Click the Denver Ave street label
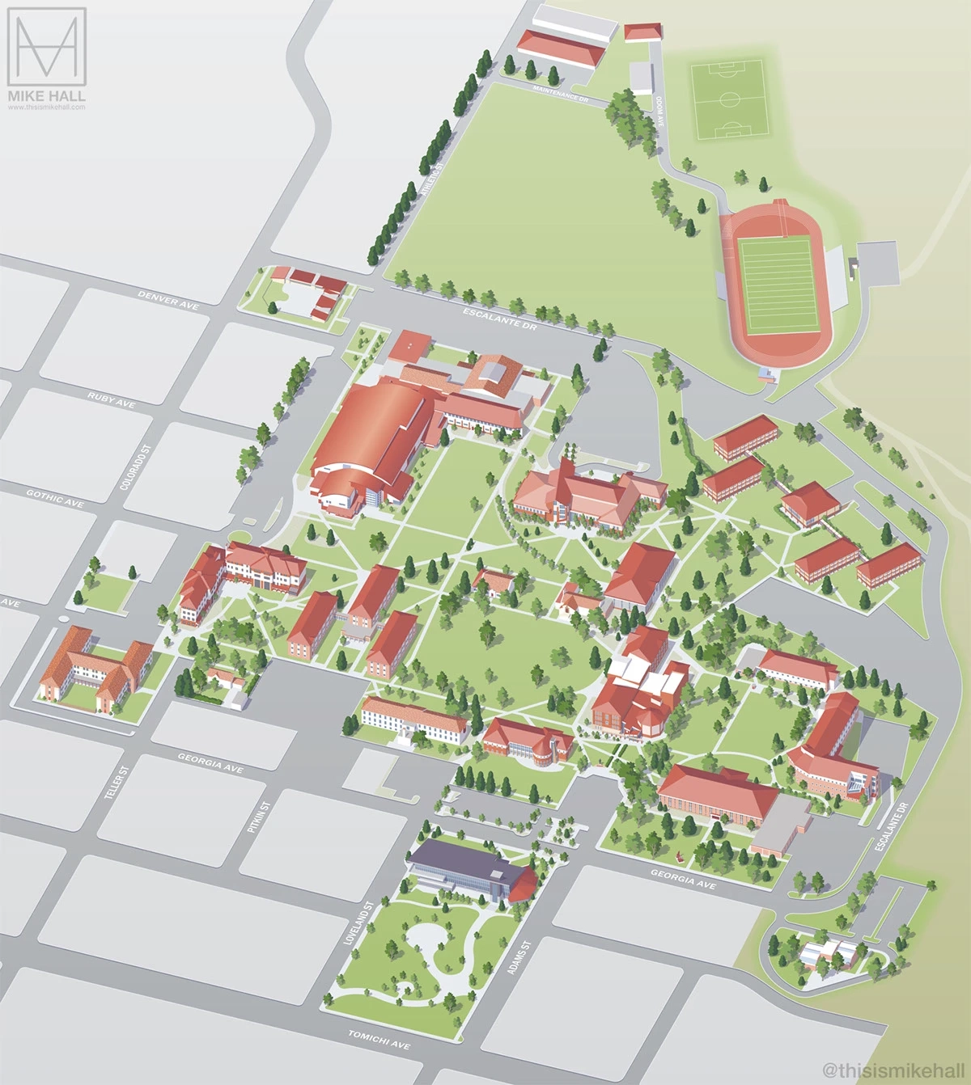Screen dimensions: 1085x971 click(168, 300)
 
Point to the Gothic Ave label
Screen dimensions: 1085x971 click(55, 498)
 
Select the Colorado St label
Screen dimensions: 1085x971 click(135, 467)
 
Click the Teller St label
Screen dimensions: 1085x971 click(117, 783)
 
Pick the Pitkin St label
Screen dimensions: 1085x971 click(258, 817)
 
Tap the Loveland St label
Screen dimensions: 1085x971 click(361, 923)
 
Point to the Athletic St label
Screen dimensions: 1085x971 click(435, 179)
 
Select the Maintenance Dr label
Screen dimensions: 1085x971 click(560, 93)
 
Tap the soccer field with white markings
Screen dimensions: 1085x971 click(729, 99)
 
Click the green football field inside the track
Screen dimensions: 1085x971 click(775, 285)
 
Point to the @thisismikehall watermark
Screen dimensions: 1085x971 click(893, 1070)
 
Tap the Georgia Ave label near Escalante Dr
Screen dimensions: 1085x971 click(683, 880)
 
